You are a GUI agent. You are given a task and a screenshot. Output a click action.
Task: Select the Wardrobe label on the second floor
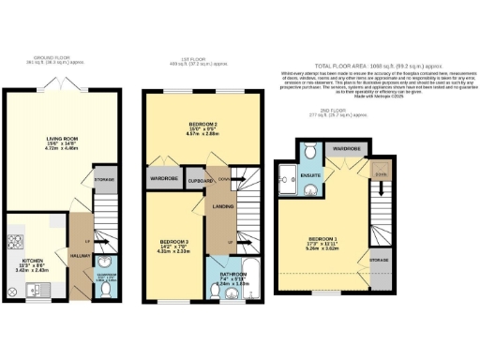point(347,148)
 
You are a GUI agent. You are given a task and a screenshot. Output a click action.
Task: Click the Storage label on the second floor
point(379,257)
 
